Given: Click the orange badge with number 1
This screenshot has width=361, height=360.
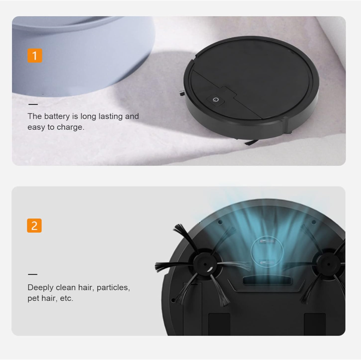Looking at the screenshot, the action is [x=35, y=56].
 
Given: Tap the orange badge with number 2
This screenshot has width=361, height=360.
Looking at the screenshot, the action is [x=34, y=226].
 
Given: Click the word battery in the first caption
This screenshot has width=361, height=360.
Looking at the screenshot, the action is [x=57, y=117].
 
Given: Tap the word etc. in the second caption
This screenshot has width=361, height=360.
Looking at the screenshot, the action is [x=66, y=298].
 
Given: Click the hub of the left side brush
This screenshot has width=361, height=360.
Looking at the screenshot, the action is [x=205, y=264].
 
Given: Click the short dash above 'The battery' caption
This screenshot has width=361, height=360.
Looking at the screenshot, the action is [x=33, y=104].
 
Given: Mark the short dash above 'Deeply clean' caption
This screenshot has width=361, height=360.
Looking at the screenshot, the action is [x=32, y=274].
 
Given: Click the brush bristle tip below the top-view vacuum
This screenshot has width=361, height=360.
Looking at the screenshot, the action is [x=251, y=143].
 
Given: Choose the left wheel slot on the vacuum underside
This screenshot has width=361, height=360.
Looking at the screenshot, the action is [x=219, y=324].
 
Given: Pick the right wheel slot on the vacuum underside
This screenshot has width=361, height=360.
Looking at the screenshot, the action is [x=315, y=324].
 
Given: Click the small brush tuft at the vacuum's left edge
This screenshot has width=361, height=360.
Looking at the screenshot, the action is [x=182, y=94].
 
